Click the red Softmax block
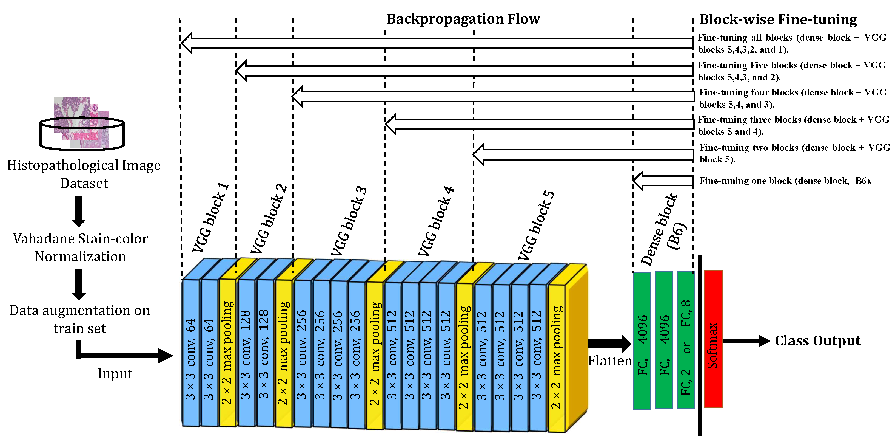(713, 339)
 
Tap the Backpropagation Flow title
(463, 19)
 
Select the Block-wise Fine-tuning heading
(778, 19)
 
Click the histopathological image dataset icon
(82, 123)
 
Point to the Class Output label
(817, 340)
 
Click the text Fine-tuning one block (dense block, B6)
(785, 181)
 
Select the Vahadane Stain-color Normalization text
(80, 247)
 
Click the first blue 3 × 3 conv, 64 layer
(190, 353)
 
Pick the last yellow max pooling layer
(556, 358)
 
